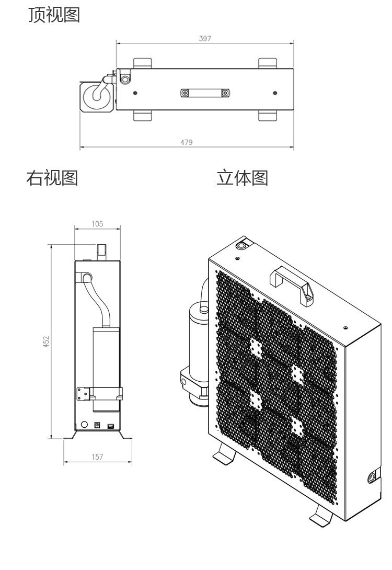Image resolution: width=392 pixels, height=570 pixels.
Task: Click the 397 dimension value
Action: tap(205, 38)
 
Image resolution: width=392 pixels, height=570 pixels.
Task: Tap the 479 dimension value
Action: tap(187, 142)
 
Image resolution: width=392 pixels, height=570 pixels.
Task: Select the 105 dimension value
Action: tap(97, 224)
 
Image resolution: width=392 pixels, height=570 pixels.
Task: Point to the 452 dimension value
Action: tap(46, 341)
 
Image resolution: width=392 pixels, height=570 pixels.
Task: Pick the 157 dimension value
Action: tap(97, 457)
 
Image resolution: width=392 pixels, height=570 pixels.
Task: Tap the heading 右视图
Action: tap(52, 178)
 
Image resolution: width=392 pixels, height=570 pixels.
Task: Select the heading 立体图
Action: tap(242, 178)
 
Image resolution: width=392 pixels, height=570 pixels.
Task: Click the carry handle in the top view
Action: tap(205, 93)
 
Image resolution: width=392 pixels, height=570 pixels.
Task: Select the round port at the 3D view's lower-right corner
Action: tap(372, 477)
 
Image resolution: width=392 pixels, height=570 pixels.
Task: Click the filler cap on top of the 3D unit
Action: tap(242, 245)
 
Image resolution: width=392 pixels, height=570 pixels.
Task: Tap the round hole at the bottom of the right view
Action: tap(84, 425)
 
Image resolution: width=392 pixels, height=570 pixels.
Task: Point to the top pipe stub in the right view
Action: tap(102, 251)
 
